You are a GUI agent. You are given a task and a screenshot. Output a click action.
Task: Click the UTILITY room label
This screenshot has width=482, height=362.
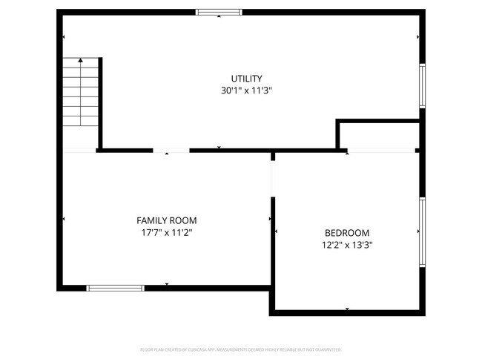[246, 79]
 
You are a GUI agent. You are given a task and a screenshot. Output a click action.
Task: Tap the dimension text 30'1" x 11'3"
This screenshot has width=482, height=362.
[246, 90]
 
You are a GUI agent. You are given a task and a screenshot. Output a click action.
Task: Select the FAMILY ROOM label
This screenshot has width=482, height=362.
[167, 220]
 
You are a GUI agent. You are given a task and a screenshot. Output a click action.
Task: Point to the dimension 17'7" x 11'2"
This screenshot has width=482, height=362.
[167, 232]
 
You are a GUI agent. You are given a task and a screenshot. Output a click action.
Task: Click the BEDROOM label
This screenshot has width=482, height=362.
[347, 232]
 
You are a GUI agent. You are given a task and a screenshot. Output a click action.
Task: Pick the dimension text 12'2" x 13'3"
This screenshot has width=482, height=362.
[347, 244]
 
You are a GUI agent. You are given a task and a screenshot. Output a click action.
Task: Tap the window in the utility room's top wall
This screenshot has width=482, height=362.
[219, 12]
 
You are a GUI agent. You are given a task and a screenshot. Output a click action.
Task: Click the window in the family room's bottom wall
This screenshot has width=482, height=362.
[116, 287]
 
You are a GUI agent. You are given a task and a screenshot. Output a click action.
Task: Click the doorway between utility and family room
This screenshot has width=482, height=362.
[171, 151]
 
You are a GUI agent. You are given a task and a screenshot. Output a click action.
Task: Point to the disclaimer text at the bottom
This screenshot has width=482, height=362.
[241, 349]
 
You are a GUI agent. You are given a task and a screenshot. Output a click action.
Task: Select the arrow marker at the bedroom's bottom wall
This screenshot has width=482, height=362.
[347, 309]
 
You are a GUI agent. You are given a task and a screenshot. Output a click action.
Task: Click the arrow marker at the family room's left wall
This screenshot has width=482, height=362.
[65, 219]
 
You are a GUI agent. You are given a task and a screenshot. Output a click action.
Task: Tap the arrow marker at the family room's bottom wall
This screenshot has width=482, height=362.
[167, 283]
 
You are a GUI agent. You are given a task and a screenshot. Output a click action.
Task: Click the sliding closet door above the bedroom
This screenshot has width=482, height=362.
[381, 151]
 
